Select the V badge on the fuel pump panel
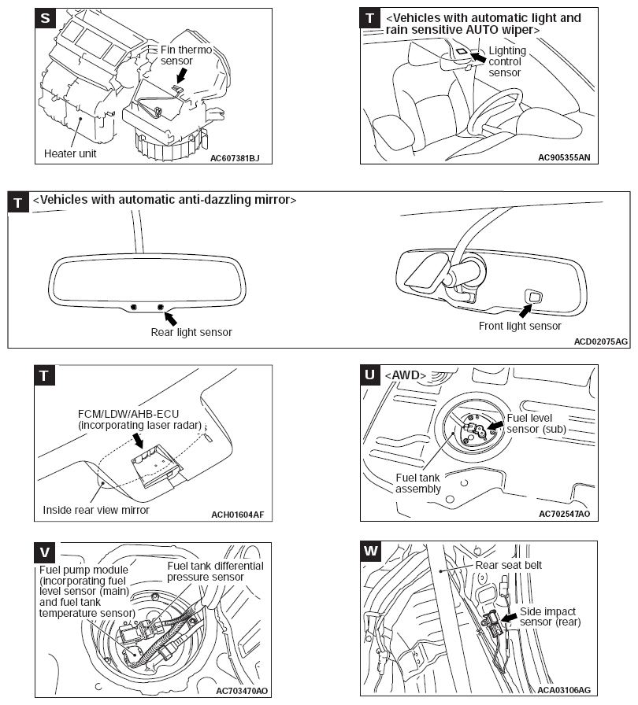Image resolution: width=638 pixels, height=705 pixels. (46, 549)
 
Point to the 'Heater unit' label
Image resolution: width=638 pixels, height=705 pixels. (70, 153)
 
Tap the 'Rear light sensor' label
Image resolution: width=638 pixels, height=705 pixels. (191, 332)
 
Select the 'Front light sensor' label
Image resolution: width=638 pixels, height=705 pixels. (520, 326)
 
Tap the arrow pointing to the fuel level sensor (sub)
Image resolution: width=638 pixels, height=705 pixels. (495, 425)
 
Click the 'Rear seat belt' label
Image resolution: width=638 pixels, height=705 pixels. (509, 564)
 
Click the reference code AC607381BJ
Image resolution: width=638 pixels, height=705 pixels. (235, 157)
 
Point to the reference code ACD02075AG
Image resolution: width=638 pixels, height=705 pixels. (601, 341)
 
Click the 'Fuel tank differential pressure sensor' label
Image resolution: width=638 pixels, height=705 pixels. (215, 570)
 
